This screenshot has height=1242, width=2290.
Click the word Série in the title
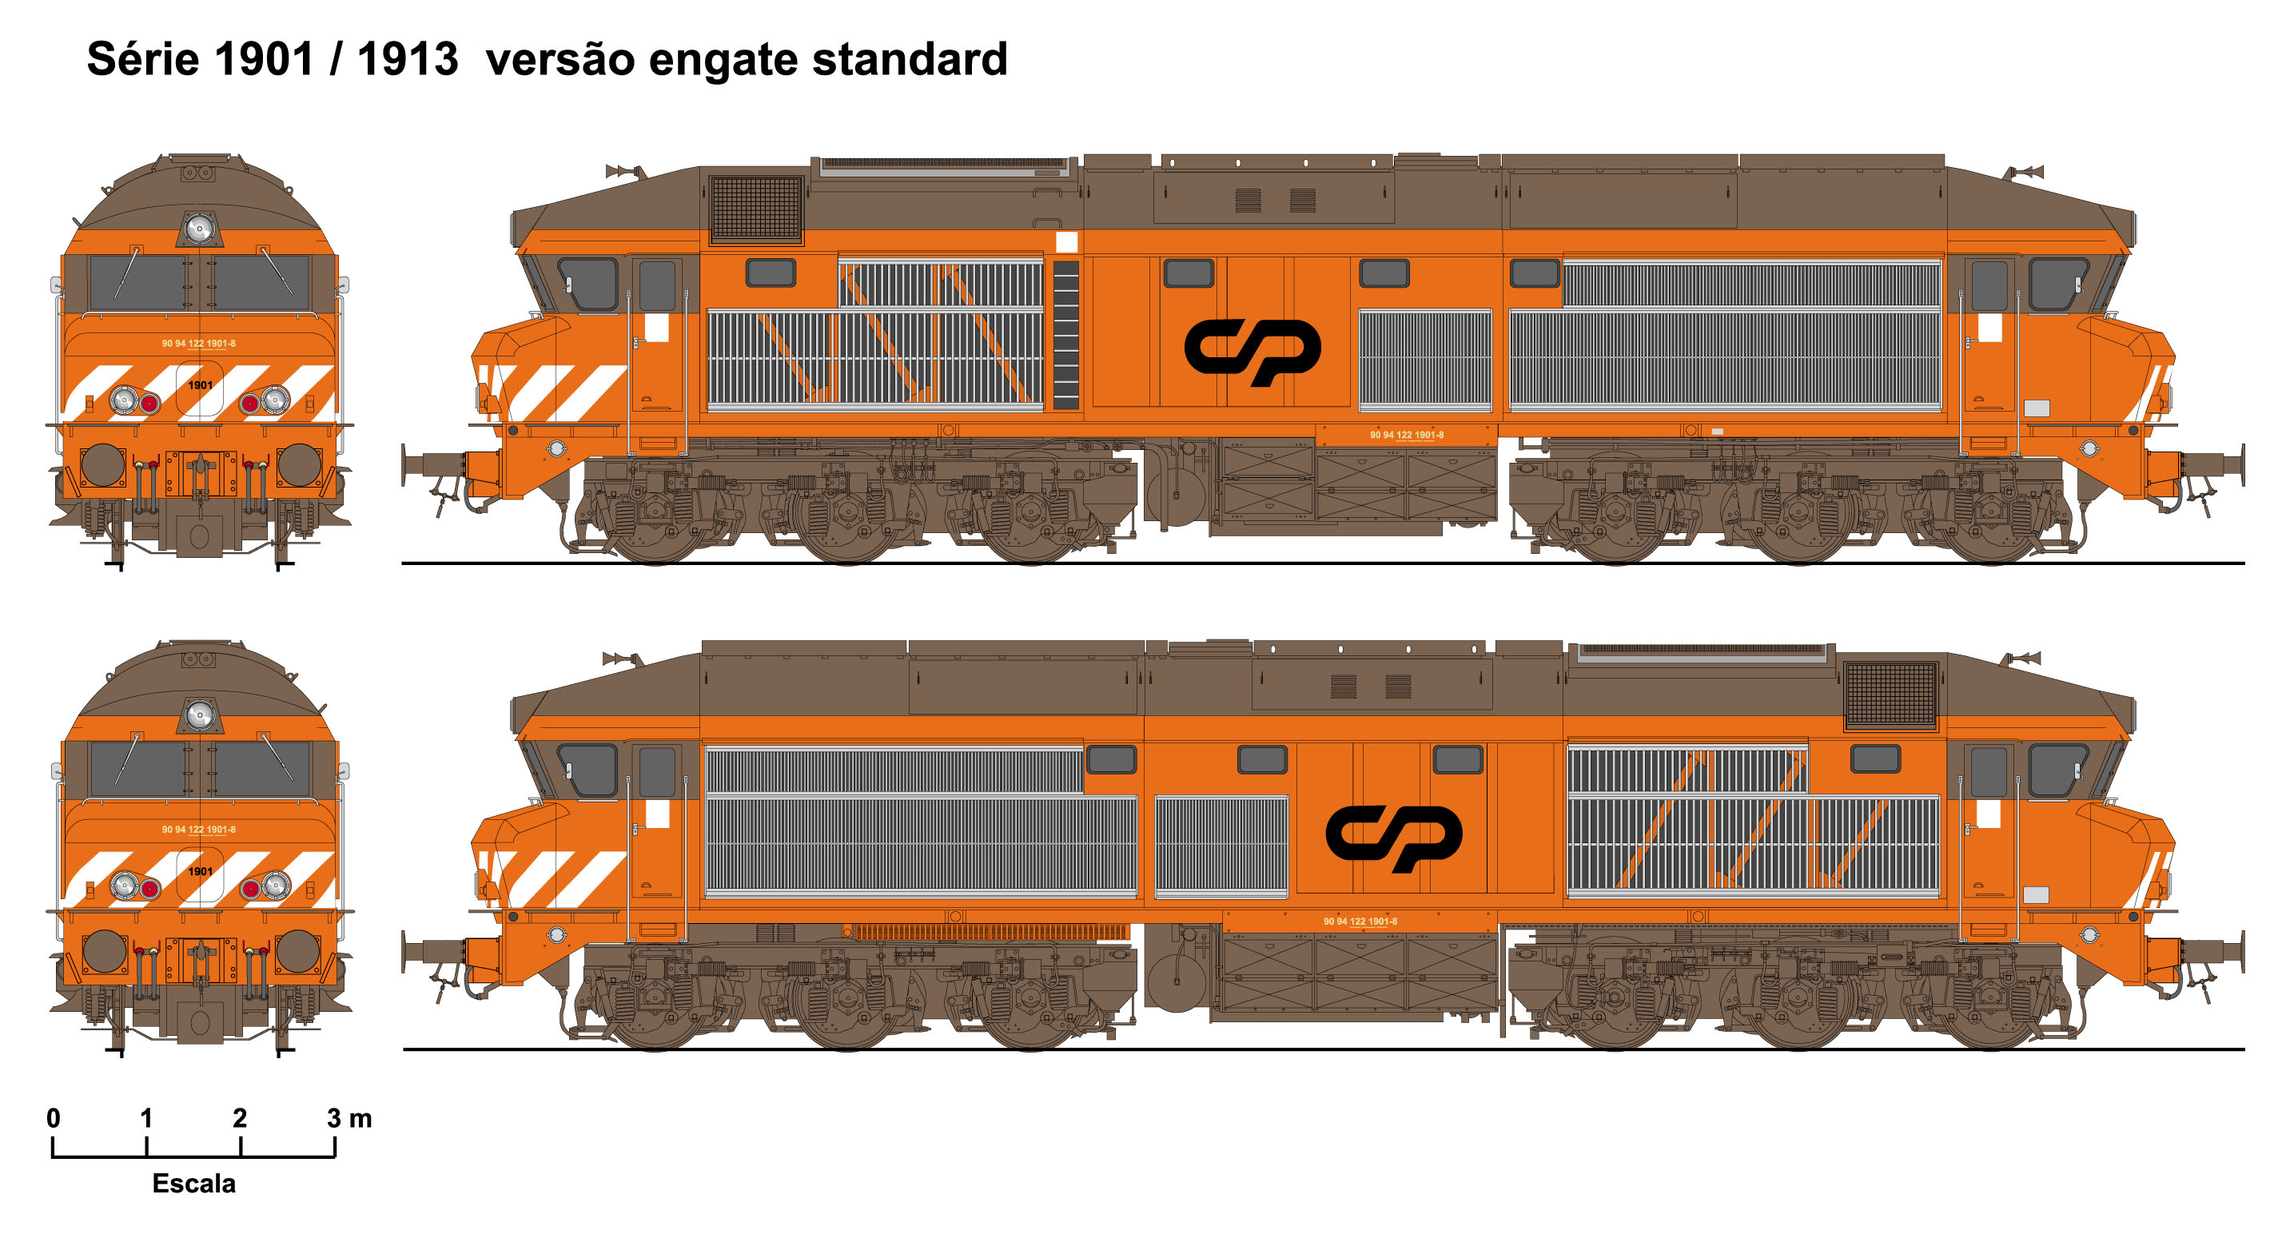point(143,60)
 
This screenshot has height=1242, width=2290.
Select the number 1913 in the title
point(407,60)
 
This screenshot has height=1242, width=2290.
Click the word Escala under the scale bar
point(193,1184)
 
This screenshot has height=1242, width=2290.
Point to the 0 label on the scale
point(54,1118)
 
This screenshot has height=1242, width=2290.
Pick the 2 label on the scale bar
point(240,1118)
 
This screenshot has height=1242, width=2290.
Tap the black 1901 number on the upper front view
point(200,385)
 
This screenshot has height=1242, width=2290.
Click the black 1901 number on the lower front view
point(200,871)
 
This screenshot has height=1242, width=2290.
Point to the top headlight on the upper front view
point(199,229)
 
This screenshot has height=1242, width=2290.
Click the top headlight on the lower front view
point(199,715)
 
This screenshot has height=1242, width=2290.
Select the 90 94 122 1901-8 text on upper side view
point(1406,435)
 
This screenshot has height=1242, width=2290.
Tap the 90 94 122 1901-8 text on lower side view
point(1360,921)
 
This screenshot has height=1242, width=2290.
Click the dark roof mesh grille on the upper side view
point(756,208)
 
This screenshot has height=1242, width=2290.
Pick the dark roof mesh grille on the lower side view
point(1890,695)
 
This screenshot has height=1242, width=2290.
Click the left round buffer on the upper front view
point(103,465)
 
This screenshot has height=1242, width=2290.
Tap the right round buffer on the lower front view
point(298,951)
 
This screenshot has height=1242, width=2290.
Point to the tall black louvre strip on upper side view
point(1066,335)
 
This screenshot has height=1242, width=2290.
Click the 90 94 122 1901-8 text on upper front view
point(199,343)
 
